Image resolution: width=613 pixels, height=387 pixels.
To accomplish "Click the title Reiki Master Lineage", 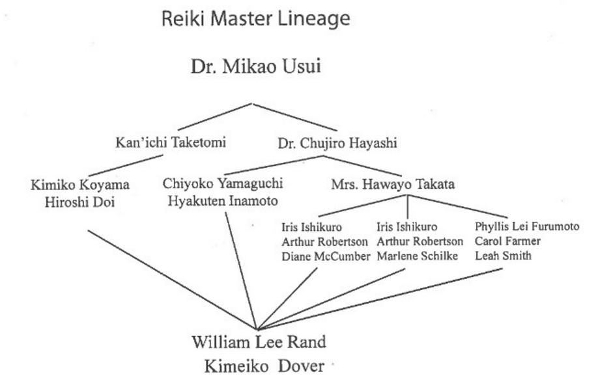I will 255,20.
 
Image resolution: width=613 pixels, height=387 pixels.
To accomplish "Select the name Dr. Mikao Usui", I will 255,66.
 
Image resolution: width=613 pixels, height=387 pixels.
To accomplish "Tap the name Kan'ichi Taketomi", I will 171,142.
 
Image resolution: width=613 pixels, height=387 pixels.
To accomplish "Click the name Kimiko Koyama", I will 80,185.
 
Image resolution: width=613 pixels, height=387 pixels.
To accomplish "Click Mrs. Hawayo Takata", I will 393,185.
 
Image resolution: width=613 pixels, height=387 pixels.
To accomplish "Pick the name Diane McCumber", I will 325,256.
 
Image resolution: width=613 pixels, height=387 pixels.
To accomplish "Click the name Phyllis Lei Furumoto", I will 527,227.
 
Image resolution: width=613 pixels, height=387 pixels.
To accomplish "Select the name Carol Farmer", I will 507,241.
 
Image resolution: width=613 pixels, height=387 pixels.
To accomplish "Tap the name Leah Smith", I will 502,256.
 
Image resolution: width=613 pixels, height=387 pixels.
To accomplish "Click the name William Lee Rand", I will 259,342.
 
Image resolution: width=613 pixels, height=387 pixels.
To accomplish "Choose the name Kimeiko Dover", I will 264,366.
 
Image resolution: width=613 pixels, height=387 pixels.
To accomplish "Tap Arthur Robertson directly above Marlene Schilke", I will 420,241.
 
